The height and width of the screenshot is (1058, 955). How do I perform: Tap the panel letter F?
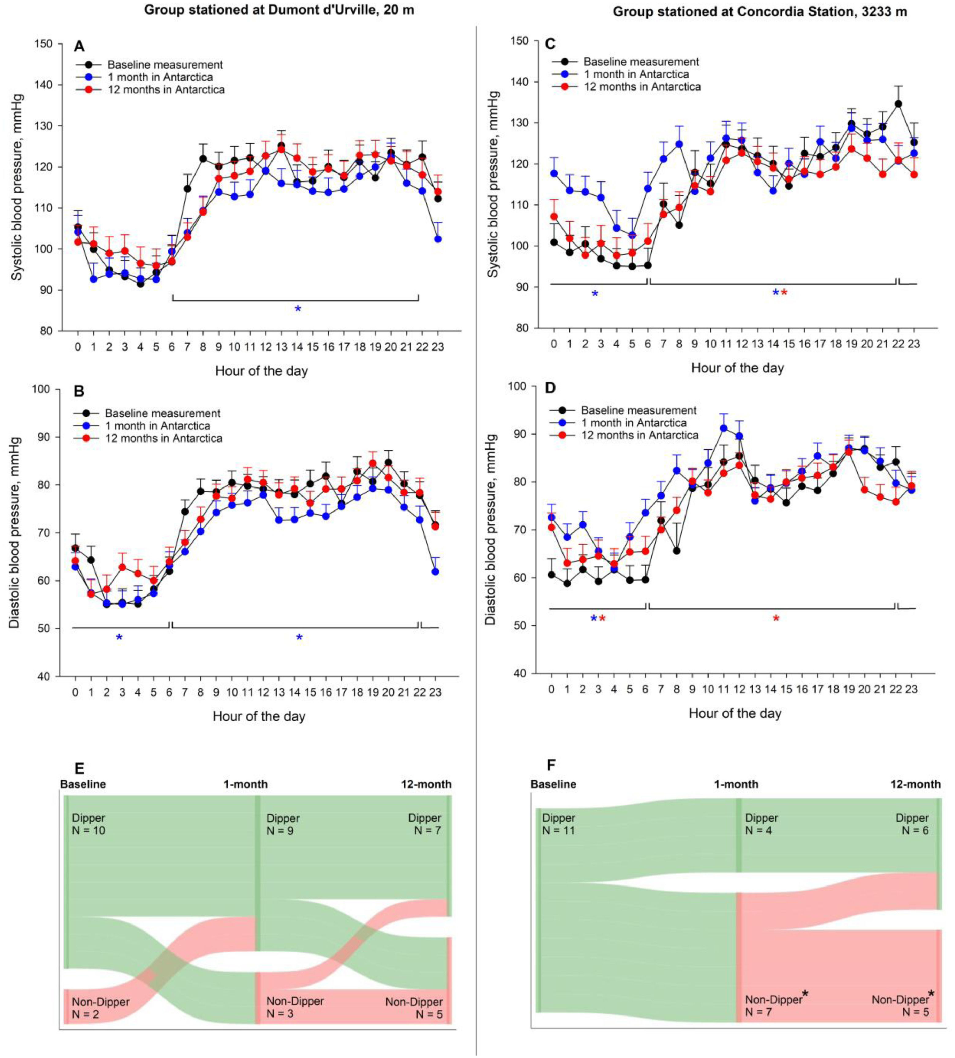pyautogui.click(x=551, y=765)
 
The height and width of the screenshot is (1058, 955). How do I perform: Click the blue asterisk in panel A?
pyautogui.click(x=298, y=309)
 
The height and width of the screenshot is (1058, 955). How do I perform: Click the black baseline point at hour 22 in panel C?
pyautogui.click(x=898, y=104)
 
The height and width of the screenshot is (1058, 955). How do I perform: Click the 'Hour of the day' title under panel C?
pyautogui.click(x=737, y=367)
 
